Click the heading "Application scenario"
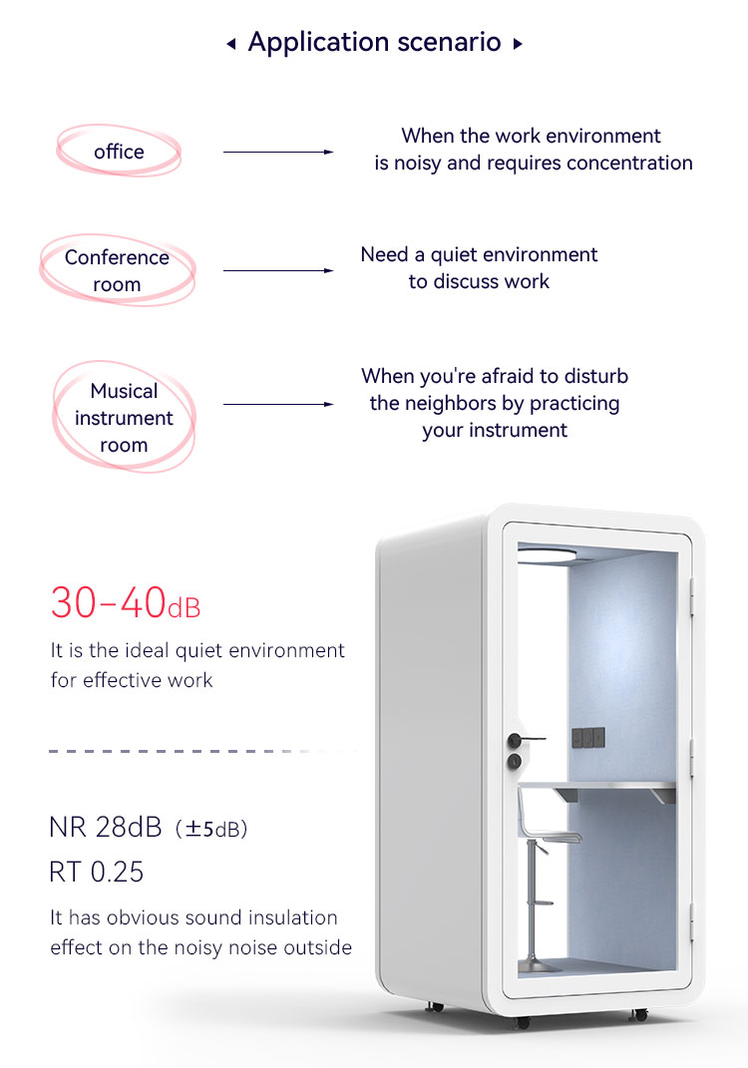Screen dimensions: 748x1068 374,42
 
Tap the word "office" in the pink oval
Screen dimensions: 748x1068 120,152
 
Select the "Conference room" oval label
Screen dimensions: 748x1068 117,270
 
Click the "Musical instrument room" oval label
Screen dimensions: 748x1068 124,417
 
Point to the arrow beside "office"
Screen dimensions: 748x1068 278,152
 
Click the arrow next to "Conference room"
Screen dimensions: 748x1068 278,270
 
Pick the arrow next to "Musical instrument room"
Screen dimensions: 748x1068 278,404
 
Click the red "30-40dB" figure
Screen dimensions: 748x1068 126,602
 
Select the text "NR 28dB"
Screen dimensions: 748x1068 106,828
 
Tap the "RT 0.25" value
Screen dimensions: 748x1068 96,872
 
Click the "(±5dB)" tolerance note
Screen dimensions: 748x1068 211,829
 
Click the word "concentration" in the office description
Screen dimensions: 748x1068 629,163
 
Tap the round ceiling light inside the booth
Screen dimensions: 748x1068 547,555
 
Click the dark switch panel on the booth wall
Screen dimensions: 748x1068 587,738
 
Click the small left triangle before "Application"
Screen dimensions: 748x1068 231,44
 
